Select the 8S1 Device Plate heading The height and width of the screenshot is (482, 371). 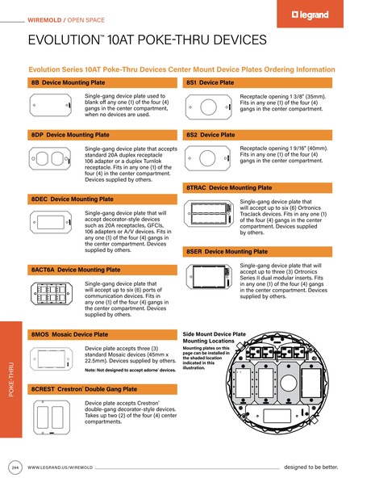click(x=211, y=83)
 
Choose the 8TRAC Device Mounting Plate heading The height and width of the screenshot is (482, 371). click(x=229, y=187)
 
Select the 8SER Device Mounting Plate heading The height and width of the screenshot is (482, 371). click(x=227, y=252)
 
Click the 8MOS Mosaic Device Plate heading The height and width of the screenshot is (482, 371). click(x=69, y=333)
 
